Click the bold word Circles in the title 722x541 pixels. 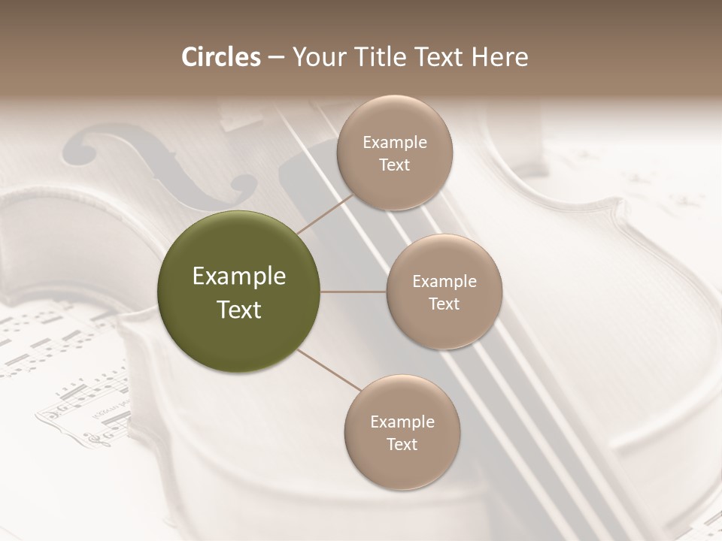pyautogui.click(x=221, y=57)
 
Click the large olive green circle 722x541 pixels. pyautogui.click(x=238, y=292)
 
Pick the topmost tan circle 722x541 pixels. pyautogui.click(x=395, y=153)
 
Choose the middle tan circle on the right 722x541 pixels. pyautogui.click(x=444, y=292)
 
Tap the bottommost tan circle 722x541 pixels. pyautogui.click(x=402, y=432)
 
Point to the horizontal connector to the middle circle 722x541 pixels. pyautogui.click(x=353, y=292)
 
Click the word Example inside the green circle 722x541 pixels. pyautogui.click(x=238, y=277)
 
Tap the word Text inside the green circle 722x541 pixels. pyautogui.click(x=238, y=310)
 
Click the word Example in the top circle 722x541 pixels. pyautogui.click(x=395, y=142)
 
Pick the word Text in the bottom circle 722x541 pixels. pyautogui.click(x=402, y=444)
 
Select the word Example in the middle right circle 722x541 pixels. pyautogui.click(x=444, y=281)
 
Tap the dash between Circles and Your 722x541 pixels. pyautogui.click(x=276, y=58)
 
